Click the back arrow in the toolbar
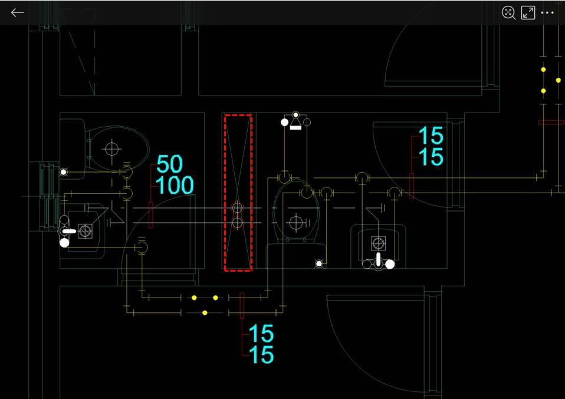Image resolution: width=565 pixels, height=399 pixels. (17, 12)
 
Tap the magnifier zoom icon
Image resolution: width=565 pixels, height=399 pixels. (508, 12)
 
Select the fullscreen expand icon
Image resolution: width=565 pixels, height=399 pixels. (528, 12)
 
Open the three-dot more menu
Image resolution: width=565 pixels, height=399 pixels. (547, 12)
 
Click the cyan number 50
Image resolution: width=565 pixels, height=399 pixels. (169, 164)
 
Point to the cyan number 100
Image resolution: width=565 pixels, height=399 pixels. (175, 186)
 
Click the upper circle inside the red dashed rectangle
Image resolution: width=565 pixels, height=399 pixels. (237, 207)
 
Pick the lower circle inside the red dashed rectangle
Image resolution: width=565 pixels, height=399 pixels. (237, 222)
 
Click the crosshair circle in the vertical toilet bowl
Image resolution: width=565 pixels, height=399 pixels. (296, 222)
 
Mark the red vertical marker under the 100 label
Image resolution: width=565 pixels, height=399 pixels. (150, 214)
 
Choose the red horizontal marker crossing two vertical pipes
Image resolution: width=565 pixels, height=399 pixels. (551, 122)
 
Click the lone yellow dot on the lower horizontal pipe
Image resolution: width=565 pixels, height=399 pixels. (205, 312)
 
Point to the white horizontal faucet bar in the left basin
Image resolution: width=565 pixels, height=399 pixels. (69, 231)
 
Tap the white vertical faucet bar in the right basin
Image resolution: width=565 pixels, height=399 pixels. (378, 259)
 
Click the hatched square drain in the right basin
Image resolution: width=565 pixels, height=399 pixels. (378, 242)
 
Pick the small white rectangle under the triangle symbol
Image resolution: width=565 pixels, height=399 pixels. (295, 127)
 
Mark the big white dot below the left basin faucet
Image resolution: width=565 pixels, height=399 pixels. (64, 242)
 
